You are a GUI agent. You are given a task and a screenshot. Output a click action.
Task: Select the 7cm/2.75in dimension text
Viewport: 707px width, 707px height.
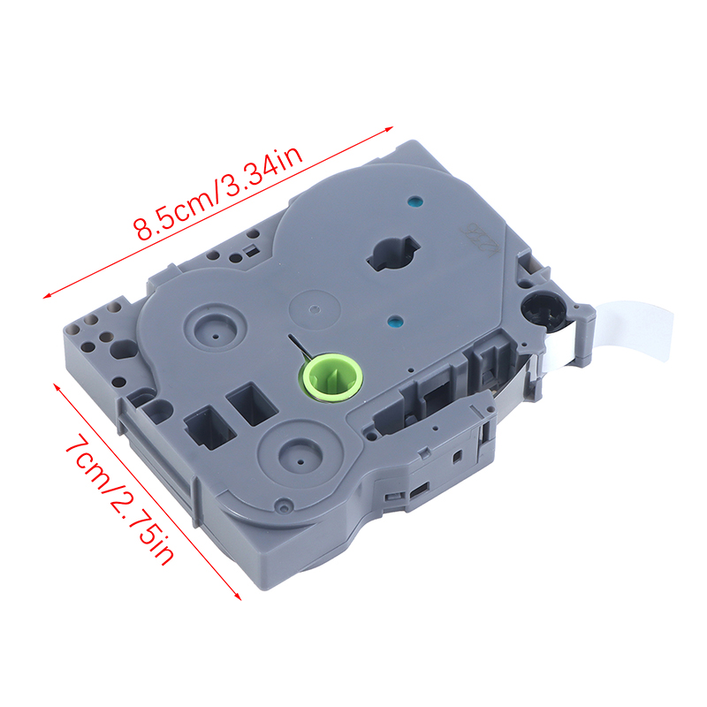(119, 498)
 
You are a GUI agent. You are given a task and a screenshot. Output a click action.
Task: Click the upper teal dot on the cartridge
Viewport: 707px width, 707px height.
(414, 201)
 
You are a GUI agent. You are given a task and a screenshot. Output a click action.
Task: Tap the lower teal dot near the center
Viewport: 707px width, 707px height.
(395, 322)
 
